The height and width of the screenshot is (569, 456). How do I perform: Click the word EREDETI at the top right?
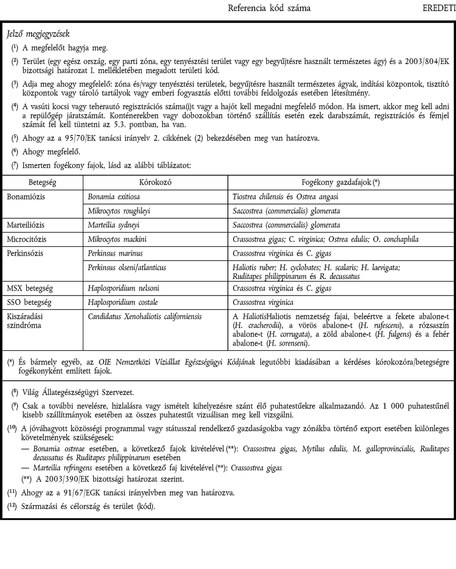439,8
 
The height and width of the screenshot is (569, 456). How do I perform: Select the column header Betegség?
42,182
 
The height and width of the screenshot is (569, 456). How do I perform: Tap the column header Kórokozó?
155,182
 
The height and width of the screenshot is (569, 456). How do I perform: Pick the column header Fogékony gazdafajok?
340,182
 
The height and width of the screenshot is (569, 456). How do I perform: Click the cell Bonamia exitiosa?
114,197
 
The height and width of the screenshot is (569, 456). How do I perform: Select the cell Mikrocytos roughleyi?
119,211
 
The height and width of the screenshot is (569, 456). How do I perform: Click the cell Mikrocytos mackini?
117,239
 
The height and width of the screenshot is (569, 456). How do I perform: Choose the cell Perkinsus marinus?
115,253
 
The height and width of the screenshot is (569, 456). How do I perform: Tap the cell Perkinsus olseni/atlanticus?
127,268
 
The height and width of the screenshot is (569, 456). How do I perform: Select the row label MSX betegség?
30,288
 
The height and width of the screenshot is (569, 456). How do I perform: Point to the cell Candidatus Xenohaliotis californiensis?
145,317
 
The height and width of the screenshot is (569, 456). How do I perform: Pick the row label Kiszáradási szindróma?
25,321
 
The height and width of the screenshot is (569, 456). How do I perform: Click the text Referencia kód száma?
269,8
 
